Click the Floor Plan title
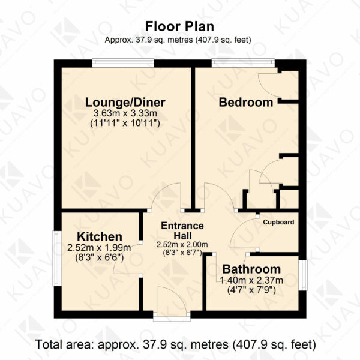click(x=179, y=26)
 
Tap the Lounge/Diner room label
click(x=125, y=103)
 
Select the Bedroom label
click(x=246, y=103)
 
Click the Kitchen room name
click(x=100, y=236)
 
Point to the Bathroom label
click(x=251, y=269)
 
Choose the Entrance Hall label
click(x=182, y=230)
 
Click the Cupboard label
click(x=278, y=222)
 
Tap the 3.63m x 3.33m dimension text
click(x=125, y=113)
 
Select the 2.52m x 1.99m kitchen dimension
click(x=99, y=248)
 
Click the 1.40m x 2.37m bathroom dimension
click(x=251, y=280)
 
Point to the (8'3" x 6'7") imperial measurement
click(x=182, y=253)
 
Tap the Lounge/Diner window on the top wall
click(x=123, y=63)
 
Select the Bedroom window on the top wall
click(x=243, y=63)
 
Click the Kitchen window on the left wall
click(x=57, y=258)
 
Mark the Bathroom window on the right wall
click(x=303, y=275)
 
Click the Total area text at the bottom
click(x=176, y=344)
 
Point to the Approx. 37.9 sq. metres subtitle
click(x=178, y=40)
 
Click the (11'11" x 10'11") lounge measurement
click(x=125, y=124)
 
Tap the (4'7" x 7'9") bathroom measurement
click(x=251, y=290)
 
